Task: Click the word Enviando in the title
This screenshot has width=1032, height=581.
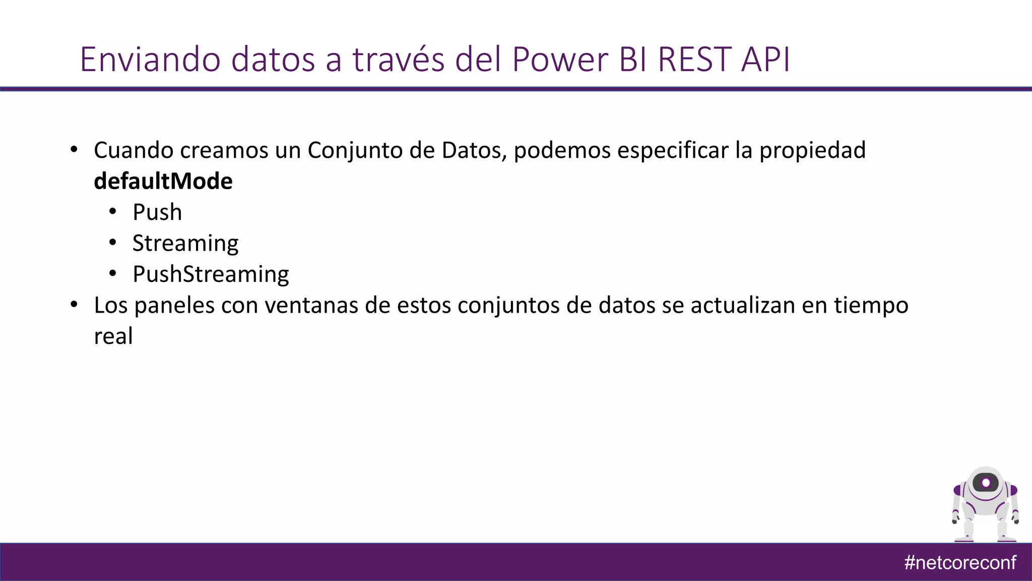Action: coord(150,60)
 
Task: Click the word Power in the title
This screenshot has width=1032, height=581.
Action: coord(560,60)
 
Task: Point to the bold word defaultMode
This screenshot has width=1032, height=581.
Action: coord(163,181)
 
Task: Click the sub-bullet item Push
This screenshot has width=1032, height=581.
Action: coord(157,212)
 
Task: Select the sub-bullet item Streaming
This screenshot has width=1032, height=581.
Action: coord(185,244)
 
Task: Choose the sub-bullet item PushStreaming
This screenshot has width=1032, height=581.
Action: coord(210,274)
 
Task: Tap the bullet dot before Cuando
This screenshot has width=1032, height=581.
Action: coord(74,150)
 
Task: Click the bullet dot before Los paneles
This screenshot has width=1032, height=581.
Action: coord(74,305)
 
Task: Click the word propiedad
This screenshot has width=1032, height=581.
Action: coord(812,150)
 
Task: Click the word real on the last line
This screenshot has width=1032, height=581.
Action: coord(113,336)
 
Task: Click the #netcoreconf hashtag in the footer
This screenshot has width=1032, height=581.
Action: coord(959,562)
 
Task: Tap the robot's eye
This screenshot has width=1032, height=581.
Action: coord(986,483)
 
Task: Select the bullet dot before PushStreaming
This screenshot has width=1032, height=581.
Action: coord(113,274)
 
